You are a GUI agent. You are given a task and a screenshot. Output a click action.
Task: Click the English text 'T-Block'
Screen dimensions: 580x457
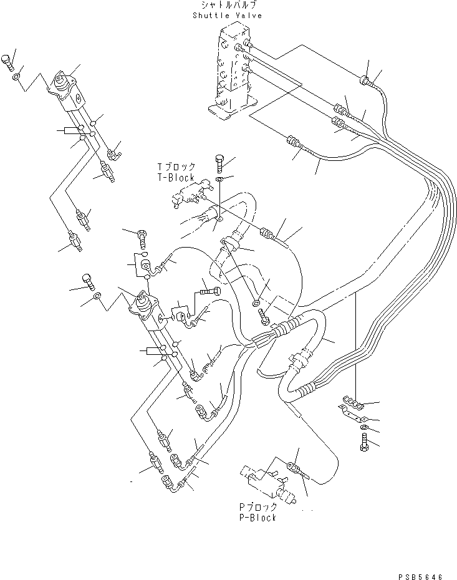tap(176, 178)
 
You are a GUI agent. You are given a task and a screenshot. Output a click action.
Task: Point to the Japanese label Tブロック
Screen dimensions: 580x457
tap(176, 167)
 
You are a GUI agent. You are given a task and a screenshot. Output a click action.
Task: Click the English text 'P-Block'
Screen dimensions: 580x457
tap(253, 518)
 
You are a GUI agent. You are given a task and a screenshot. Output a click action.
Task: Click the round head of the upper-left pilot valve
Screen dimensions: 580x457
tap(62, 80)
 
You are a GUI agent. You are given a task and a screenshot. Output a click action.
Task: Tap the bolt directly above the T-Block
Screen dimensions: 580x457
tap(218, 162)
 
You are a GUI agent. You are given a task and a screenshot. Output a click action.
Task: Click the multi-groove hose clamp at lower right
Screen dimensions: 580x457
tap(353, 404)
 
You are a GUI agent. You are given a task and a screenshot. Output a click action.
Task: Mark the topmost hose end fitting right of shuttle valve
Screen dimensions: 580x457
tap(365, 80)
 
